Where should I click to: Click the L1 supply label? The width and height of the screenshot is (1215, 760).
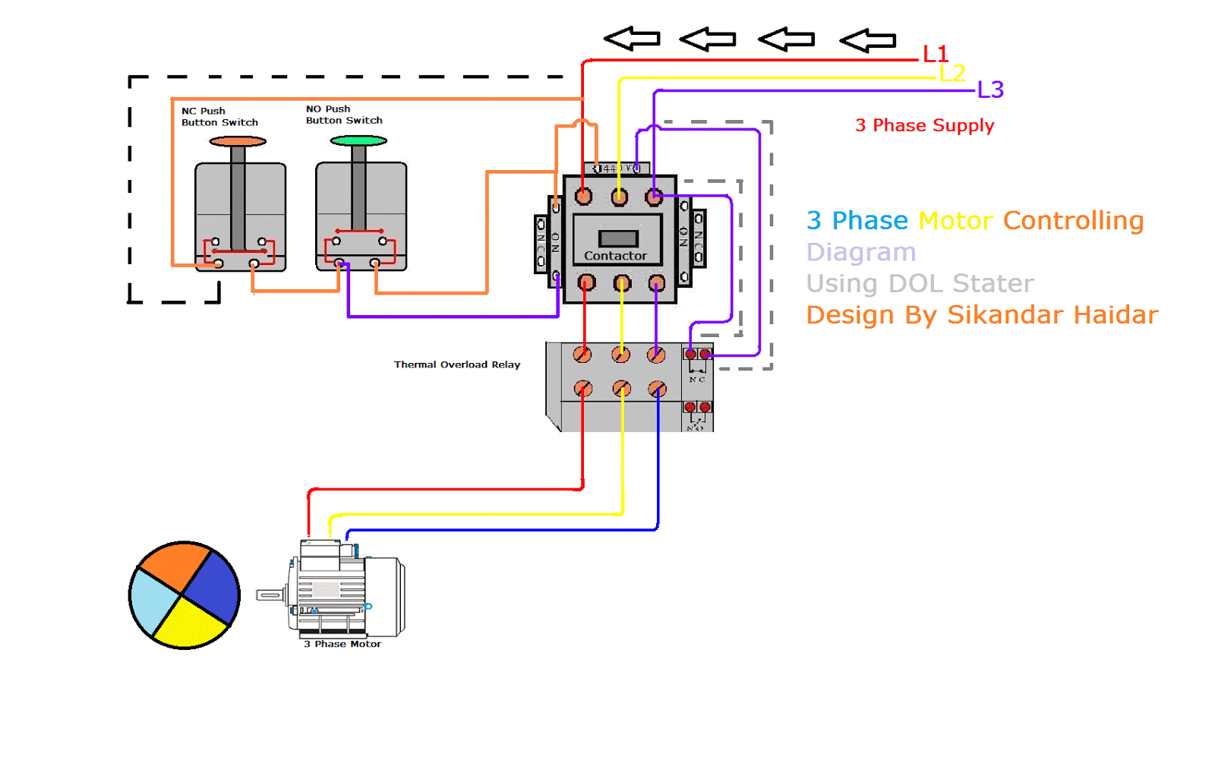point(935,54)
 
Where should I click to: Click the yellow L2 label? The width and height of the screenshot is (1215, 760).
point(952,73)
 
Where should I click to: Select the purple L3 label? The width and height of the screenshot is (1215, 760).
point(990,90)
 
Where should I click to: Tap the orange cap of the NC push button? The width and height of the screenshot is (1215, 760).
point(238,141)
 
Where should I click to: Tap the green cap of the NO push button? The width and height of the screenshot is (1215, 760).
point(358,140)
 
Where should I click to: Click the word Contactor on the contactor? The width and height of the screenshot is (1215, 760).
point(615,256)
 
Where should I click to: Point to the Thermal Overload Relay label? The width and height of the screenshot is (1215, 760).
point(456,364)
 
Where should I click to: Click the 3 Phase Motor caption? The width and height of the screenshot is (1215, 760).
point(342,644)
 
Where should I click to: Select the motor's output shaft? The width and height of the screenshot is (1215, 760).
point(269,594)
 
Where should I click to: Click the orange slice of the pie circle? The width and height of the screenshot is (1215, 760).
point(174,566)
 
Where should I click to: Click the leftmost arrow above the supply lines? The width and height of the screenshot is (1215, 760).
point(632,38)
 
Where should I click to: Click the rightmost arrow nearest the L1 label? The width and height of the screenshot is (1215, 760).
point(868,39)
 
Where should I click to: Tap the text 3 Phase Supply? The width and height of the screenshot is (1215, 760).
point(924,125)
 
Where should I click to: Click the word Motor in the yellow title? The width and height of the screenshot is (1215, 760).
point(955,220)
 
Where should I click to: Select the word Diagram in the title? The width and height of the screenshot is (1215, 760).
point(860,252)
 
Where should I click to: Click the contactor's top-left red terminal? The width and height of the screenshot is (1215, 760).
point(583,197)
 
